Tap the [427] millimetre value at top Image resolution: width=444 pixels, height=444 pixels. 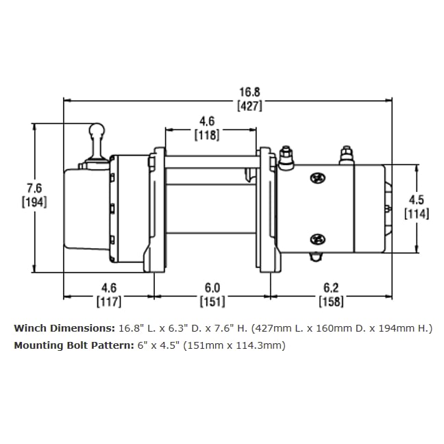click(x=249, y=106)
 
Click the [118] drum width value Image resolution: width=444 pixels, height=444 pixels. click(x=207, y=136)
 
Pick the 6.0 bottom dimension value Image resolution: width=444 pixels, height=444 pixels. click(x=212, y=288)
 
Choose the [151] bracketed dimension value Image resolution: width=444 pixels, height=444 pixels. click(x=212, y=301)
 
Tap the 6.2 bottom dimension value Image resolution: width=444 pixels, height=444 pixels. click(x=332, y=288)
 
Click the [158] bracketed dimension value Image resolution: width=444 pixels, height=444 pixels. click(x=332, y=301)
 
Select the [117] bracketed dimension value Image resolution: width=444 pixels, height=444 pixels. click(x=109, y=301)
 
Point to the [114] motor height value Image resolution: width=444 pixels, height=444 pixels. click(x=417, y=214)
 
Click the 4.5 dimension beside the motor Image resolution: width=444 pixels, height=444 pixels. click(x=417, y=200)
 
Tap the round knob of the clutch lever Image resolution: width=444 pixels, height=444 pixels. click(x=97, y=130)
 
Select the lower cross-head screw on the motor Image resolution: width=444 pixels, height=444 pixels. click(x=317, y=239)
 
